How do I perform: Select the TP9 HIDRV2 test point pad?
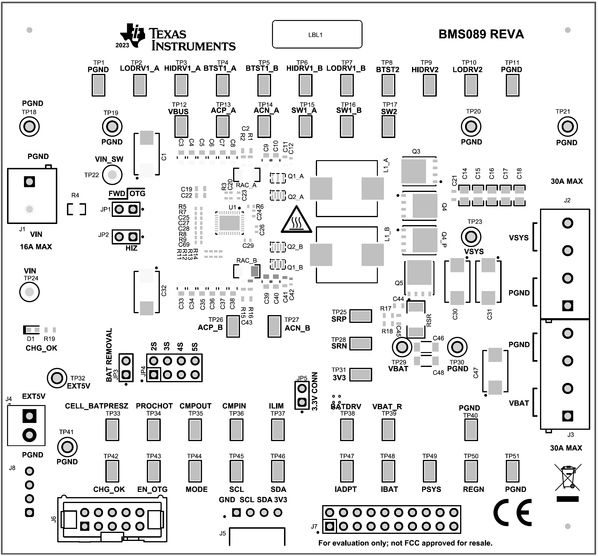tap(429, 85)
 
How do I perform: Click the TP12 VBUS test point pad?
tap(181, 126)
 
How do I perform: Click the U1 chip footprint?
tap(230, 223)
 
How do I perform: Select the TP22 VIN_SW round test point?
tap(112, 175)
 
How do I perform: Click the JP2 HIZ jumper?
tap(126, 237)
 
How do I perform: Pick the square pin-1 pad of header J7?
tap(330, 526)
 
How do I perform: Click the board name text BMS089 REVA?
tap(481, 34)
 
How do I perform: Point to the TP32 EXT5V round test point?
tap(57, 378)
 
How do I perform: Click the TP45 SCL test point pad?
tap(236, 471)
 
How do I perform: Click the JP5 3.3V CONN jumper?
tap(302, 395)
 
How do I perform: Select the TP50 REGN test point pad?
tap(471, 471)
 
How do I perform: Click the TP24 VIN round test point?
tap(29, 292)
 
